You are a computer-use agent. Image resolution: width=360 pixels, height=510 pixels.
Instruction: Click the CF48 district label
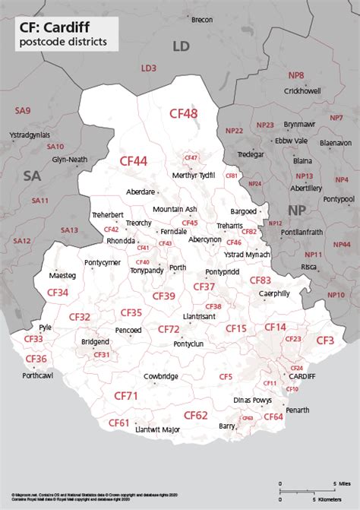coord(183,113)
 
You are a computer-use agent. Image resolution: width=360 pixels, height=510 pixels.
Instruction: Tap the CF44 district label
coord(134,160)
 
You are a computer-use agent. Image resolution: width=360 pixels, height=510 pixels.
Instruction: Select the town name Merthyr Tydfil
coord(194,175)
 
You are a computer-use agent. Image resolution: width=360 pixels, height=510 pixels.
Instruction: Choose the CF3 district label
coord(325,340)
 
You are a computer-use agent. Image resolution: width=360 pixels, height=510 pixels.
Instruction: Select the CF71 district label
coord(126,396)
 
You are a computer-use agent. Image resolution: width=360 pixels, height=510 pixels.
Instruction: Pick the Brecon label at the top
coord(202,19)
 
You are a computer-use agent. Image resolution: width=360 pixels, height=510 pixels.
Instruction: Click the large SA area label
coord(31,176)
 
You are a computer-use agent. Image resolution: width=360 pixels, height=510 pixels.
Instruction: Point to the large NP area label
coord(295,209)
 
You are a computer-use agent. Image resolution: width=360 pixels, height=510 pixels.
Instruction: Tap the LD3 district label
coord(148,68)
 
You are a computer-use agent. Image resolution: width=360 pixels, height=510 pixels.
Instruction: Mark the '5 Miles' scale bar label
coord(343,483)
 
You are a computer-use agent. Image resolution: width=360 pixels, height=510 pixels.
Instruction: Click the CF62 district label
coord(195,415)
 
